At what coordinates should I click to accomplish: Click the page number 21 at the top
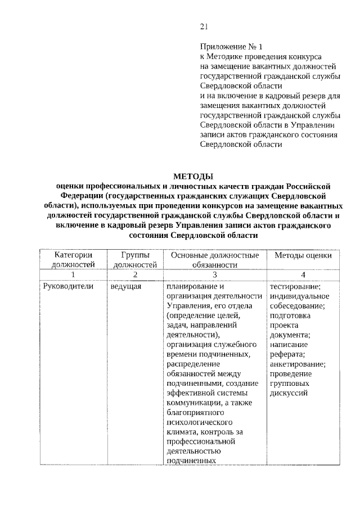pyautogui.click(x=204, y=25)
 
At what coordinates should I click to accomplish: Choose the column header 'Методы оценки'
pyautogui.click(x=303, y=255)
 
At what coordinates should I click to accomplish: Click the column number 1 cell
pyautogui.click(x=73, y=274)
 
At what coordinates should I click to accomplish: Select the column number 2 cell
pyautogui.click(x=134, y=274)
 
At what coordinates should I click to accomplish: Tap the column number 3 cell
pyautogui.click(x=214, y=274)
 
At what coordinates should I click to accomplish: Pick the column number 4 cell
pyautogui.click(x=303, y=274)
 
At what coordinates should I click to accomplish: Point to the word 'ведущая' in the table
pyautogui.click(x=125, y=286)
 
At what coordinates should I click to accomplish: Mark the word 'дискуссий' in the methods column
pyautogui.click(x=289, y=393)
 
